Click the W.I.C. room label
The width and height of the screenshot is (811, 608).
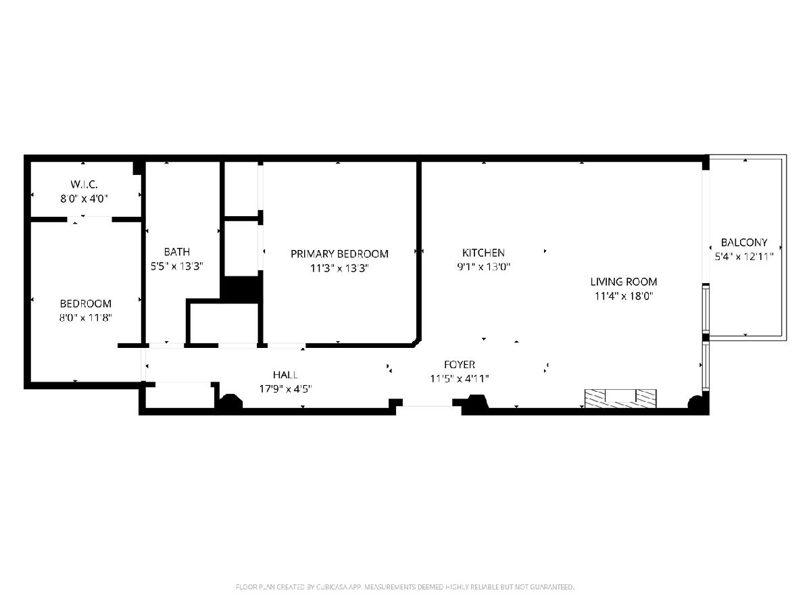coord(84,184)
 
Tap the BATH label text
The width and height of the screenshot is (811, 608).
coord(177,252)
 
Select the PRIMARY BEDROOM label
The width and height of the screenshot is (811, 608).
coord(339,254)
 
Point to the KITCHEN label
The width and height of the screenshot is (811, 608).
coord(483,253)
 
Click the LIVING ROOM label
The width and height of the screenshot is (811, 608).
coord(624,282)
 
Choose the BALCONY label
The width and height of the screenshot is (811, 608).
coord(744,243)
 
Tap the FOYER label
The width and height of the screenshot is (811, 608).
coord(460,365)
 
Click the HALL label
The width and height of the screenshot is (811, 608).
coord(285,375)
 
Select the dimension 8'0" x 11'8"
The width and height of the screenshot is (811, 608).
coord(86,318)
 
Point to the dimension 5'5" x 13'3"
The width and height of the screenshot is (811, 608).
coord(177,266)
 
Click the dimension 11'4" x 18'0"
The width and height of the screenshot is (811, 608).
coord(624,296)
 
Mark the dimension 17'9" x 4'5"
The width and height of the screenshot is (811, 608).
coord(285,389)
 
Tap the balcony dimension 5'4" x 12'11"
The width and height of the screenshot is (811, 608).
coord(744,257)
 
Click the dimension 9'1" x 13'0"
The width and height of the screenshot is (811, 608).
coord(483,267)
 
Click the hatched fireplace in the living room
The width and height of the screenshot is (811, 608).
coord(620,399)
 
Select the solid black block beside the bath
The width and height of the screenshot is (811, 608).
coord(241,290)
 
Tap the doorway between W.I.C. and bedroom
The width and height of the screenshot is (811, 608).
coord(89,220)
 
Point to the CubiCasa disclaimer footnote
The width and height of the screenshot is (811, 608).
coord(405,587)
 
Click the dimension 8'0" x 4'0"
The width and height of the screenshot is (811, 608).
coord(84,199)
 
